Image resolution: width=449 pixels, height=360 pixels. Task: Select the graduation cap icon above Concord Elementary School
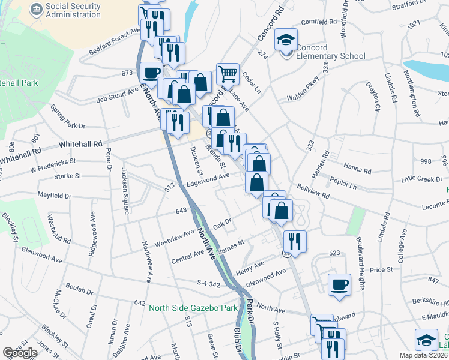tap(286, 40)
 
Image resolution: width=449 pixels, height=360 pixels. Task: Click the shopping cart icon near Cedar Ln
tap(228, 74)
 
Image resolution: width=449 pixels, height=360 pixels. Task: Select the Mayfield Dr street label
tap(54, 196)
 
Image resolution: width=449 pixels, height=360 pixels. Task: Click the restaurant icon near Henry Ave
tap(294, 241)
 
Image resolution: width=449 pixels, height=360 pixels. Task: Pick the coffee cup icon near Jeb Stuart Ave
tap(151, 73)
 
